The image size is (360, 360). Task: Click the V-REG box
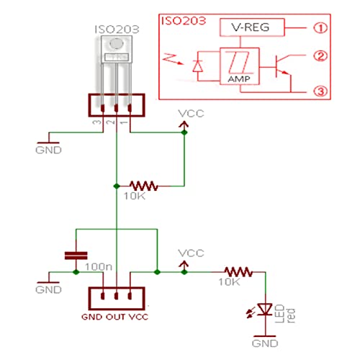(x=252, y=27)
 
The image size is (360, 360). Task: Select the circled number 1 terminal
(x=320, y=28)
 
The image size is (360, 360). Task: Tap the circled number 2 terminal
(x=320, y=56)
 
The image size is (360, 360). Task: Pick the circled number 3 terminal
(x=320, y=91)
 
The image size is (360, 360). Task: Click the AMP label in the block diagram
(x=239, y=79)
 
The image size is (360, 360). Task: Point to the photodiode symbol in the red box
(x=198, y=66)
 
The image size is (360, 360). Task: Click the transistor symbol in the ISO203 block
(x=283, y=67)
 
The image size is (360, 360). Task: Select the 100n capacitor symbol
(x=76, y=256)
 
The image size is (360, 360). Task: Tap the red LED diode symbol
(x=265, y=310)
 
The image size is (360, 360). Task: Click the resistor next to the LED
(x=238, y=272)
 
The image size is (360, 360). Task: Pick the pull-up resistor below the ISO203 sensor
(x=143, y=186)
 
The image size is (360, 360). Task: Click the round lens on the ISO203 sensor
(x=117, y=44)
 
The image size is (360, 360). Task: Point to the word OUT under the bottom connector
(x=116, y=317)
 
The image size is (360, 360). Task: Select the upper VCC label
(x=191, y=114)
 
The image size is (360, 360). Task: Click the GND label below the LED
(x=265, y=343)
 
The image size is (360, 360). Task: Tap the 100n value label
(x=99, y=266)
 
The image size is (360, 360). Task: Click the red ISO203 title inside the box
(x=184, y=21)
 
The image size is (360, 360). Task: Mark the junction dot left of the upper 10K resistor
(x=117, y=186)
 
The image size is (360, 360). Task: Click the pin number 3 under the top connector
(x=96, y=122)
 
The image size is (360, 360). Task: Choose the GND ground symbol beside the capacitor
(x=49, y=279)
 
